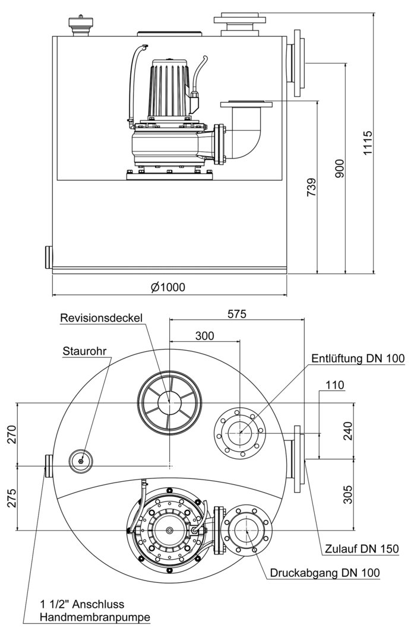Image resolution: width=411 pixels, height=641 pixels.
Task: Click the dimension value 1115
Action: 368,143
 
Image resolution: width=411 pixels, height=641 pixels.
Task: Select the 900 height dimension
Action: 339,169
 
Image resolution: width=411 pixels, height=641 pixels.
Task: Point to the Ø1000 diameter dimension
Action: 168,287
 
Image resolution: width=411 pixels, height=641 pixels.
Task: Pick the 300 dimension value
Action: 204,335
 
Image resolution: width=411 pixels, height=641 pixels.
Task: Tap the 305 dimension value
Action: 348,494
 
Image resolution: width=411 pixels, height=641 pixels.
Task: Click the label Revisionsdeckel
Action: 101,318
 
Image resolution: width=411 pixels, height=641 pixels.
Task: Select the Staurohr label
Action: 84,351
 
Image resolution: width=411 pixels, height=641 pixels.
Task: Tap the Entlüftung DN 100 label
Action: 358,358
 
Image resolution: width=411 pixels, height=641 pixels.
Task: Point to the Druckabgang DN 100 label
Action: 324,573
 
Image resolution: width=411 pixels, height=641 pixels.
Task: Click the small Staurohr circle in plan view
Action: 81,460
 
